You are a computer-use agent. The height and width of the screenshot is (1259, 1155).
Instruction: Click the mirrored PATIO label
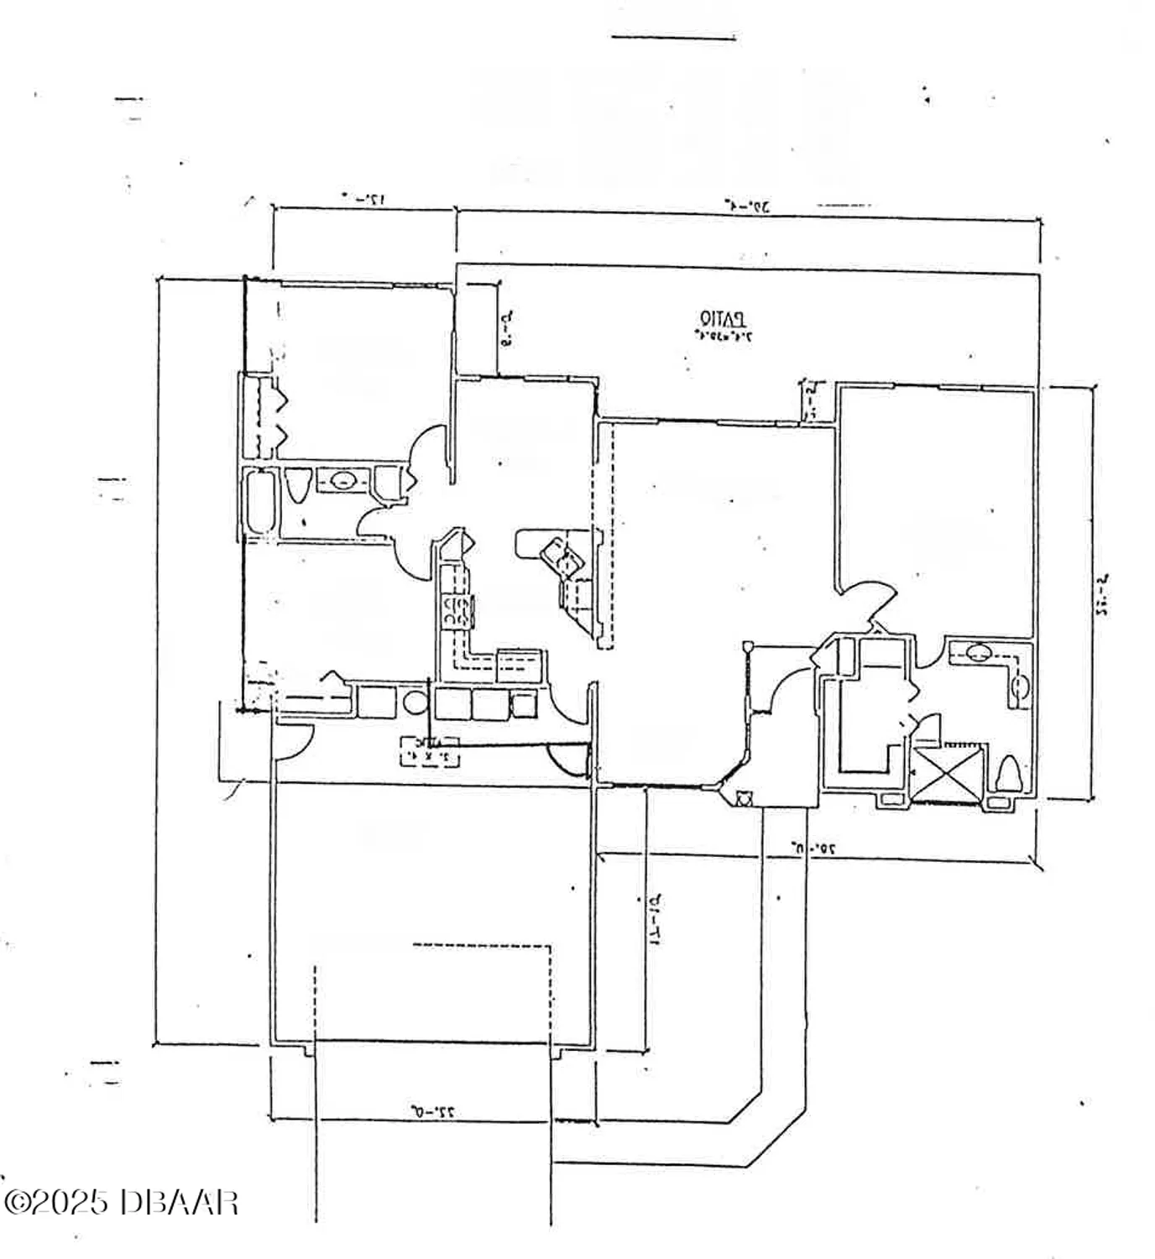click(722, 320)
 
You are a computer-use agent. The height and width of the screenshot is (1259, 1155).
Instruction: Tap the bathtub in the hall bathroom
click(260, 502)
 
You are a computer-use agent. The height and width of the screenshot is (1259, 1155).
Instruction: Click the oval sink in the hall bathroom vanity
click(342, 481)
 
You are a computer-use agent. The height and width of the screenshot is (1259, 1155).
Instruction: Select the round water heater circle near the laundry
click(415, 702)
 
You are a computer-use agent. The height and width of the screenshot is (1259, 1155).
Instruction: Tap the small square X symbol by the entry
click(743, 798)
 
